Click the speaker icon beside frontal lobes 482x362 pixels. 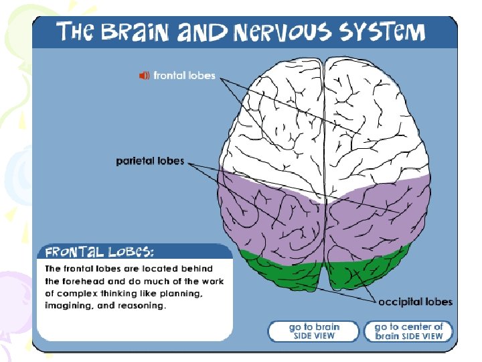144,76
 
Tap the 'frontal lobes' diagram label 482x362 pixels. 184,76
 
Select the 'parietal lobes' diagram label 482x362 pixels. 150,161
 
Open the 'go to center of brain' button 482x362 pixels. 408,331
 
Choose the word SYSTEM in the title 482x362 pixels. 382,32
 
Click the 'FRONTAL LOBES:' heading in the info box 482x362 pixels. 99,252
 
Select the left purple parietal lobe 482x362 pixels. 268,215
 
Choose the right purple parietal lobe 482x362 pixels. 382,215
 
